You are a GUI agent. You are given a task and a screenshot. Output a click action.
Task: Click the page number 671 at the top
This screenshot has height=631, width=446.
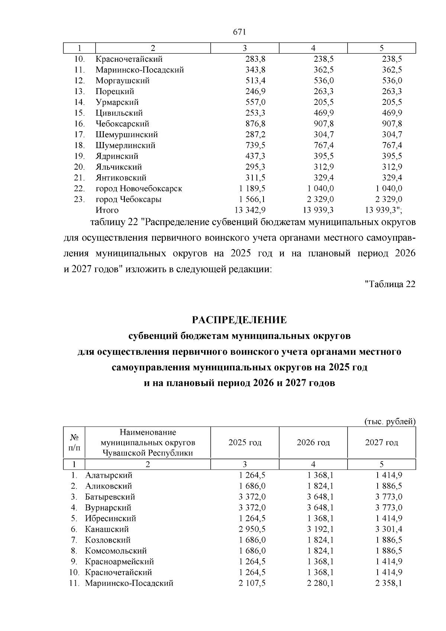[240, 32]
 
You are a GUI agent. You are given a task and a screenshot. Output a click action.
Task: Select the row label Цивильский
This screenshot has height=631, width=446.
[119, 113]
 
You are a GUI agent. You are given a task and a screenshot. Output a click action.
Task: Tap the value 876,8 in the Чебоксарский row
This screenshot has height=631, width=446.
[255, 124]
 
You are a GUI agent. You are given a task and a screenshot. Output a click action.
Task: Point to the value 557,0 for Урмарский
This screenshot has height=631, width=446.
[255, 102]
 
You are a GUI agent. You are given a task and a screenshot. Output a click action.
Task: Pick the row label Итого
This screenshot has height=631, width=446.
[107, 210]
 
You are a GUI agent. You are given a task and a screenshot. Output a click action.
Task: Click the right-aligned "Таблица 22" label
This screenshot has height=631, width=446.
[390, 284]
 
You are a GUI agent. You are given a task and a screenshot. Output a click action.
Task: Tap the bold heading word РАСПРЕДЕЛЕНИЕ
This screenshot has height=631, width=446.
[239, 320]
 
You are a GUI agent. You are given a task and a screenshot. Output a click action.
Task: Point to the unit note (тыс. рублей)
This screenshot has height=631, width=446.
[389, 422]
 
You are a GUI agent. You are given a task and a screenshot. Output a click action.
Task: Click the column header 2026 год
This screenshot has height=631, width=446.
[313, 442]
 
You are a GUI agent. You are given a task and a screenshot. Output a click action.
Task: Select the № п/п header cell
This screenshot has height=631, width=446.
[74, 442]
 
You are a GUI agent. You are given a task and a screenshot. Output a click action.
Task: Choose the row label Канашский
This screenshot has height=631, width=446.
[107, 529]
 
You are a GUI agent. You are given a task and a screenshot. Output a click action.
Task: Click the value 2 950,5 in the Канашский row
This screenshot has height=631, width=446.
[253, 529]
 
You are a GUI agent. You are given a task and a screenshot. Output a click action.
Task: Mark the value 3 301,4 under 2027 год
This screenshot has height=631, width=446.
[389, 529]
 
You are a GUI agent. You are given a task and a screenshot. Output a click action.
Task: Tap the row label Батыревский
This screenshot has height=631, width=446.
[110, 497]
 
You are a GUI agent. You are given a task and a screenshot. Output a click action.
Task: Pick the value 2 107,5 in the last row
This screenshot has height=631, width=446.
[253, 583]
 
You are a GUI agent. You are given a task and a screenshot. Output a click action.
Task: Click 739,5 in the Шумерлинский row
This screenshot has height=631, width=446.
[255, 145]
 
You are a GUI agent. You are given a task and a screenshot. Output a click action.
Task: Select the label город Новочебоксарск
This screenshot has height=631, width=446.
[139, 189]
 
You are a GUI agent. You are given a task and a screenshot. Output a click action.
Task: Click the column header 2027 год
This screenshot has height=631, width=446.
[382, 442]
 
